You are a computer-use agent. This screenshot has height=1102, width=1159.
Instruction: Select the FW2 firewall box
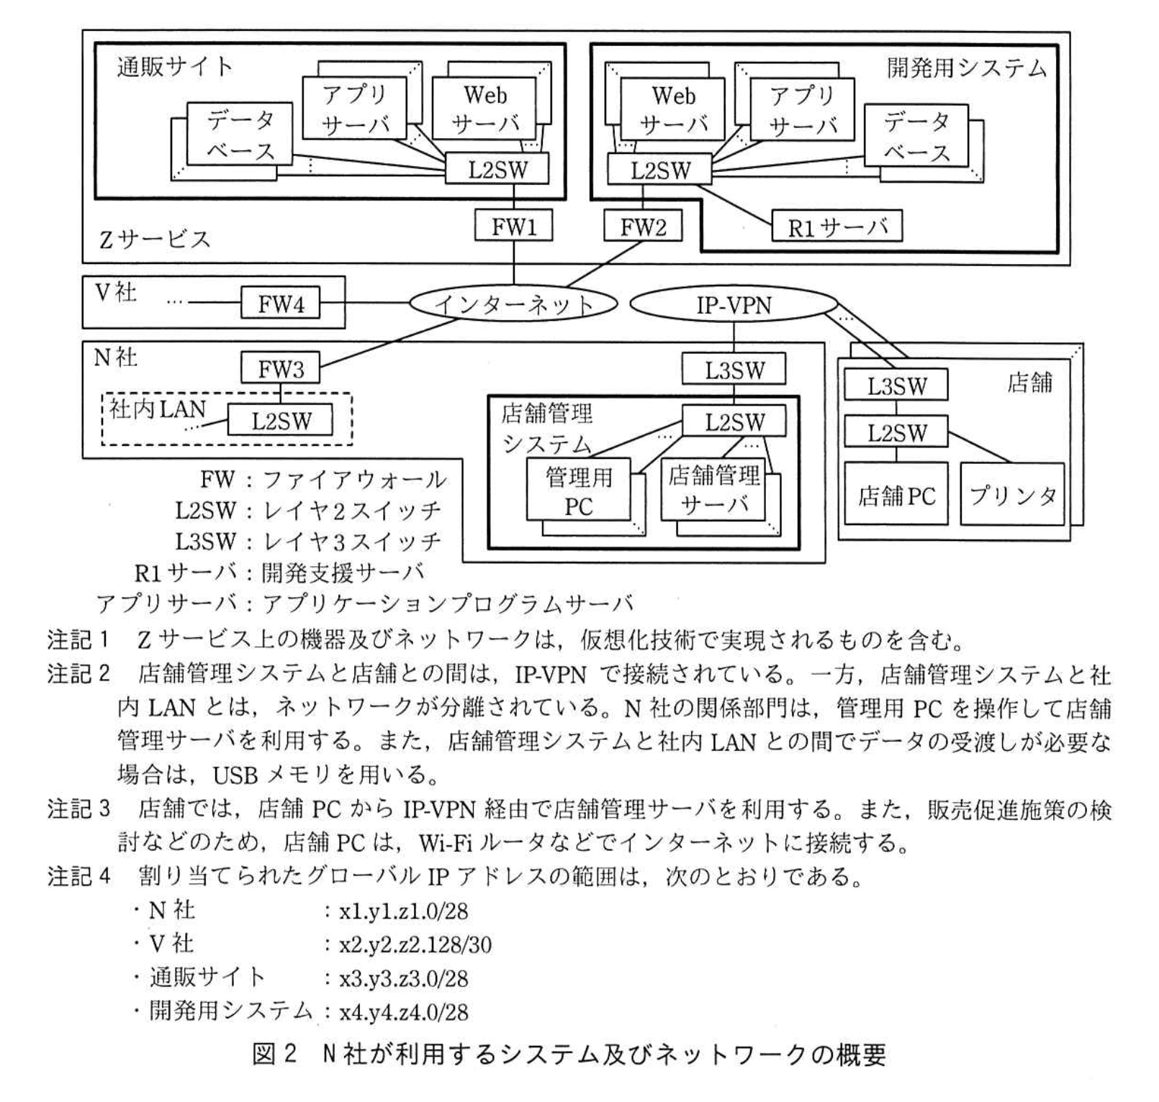(x=642, y=227)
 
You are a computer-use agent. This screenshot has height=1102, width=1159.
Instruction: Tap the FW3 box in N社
(x=280, y=369)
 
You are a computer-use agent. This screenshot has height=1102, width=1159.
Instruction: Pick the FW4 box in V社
(x=280, y=304)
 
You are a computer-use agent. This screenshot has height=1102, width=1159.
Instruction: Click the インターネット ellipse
(x=513, y=304)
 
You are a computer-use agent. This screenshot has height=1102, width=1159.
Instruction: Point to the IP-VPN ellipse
(x=734, y=305)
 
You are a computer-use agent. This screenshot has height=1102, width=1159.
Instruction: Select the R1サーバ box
(x=836, y=227)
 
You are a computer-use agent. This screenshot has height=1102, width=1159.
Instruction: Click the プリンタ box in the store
(x=1011, y=495)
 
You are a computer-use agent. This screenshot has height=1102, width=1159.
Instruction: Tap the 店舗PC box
(x=896, y=495)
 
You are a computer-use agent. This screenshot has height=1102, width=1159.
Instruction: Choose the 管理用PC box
(x=578, y=491)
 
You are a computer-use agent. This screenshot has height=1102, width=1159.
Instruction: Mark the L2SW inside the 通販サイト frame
(x=497, y=170)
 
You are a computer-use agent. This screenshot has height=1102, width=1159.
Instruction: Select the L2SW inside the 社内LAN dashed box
(x=281, y=421)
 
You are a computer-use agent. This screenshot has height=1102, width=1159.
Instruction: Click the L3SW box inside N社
(x=734, y=370)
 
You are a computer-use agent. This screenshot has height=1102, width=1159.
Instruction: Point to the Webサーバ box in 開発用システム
(x=673, y=109)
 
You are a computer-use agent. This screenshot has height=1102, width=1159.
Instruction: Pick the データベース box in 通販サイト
(x=240, y=134)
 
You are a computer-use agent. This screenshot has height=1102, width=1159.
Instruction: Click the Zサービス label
(x=154, y=239)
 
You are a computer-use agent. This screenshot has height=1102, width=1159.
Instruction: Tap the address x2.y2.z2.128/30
(x=415, y=944)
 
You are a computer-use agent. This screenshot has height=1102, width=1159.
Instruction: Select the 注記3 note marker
(x=79, y=809)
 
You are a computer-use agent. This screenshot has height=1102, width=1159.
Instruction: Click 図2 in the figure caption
(x=274, y=1055)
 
